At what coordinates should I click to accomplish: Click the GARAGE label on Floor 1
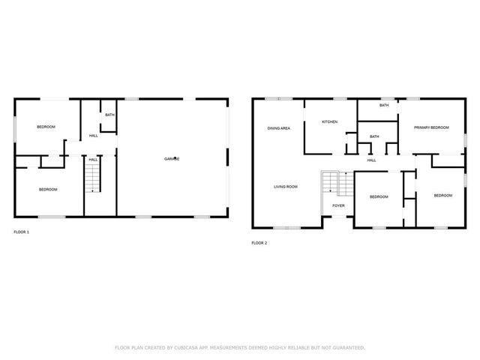point(172,158)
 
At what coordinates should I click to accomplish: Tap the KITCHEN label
point(330,121)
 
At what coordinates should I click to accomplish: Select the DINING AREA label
point(279,128)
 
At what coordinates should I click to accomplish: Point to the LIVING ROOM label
point(286,186)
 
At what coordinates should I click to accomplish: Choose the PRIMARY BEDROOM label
point(431,127)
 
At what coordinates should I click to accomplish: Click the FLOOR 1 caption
point(22,232)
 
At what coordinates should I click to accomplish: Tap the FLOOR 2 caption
point(259,243)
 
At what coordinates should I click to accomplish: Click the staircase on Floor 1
point(91,178)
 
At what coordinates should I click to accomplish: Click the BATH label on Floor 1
point(109,115)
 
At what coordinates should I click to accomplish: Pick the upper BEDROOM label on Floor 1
point(46,127)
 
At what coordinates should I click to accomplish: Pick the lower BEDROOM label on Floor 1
point(48,189)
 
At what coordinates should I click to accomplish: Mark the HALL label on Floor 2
point(371,160)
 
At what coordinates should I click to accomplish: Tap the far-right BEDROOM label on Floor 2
point(442,195)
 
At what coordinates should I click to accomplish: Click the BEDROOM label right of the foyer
point(378,196)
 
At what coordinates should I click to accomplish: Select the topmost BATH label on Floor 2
point(383,105)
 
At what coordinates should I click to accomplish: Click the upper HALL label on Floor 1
point(94,136)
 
